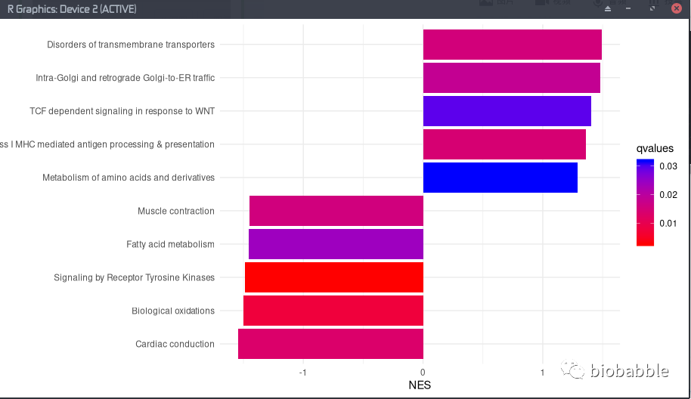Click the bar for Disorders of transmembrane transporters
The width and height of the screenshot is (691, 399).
pos(512,45)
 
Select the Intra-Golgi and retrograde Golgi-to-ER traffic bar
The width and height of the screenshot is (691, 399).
pos(511,78)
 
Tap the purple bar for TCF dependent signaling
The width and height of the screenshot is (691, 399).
pos(507,111)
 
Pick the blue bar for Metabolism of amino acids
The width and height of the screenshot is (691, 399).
pos(500,178)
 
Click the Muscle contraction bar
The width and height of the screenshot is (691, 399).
pos(336,211)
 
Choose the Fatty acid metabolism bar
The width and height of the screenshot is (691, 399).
pos(336,244)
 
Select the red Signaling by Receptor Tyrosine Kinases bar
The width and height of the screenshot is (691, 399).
pos(333,277)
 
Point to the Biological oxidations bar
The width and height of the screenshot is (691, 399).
pos(333,311)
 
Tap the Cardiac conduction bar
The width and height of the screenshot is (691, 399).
pos(330,344)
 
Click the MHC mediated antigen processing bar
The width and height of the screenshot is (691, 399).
pos(504,144)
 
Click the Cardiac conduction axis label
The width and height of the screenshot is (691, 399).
pos(175,345)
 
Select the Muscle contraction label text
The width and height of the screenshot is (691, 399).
pos(176,212)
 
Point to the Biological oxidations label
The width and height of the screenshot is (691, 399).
pos(173,311)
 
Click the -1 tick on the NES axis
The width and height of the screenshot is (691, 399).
pos(302,373)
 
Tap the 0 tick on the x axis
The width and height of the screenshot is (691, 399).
pos(423,373)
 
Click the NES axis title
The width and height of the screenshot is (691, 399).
pos(420,385)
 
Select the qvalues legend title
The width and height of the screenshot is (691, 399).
pos(655,149)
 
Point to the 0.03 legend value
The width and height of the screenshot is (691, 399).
pos(668,166)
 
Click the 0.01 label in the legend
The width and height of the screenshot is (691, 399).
pos(668,224)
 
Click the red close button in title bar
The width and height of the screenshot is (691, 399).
pos(677,9)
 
